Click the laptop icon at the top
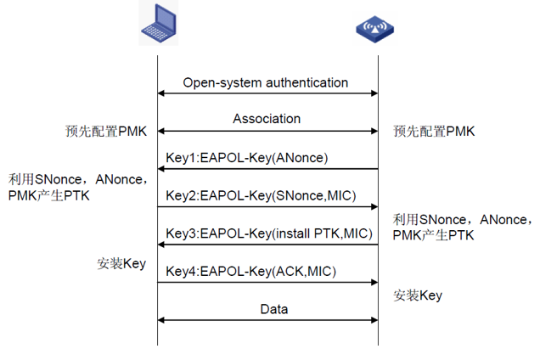point(159,24)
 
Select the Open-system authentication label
point(266,83)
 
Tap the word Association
point(267,119)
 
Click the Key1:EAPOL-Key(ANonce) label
point(247,157)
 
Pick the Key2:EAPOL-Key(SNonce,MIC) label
point(261,195)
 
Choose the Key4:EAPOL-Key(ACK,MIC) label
point(251,271)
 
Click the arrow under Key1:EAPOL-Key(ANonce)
point(267,169)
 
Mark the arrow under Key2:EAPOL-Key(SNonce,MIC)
point(267,207)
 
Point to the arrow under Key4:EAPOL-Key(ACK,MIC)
point(267,283)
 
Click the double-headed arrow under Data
point(267,321)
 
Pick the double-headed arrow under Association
point(267,132)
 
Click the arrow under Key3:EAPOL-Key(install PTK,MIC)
point(267,245)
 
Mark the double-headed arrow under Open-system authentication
point(267,94)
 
